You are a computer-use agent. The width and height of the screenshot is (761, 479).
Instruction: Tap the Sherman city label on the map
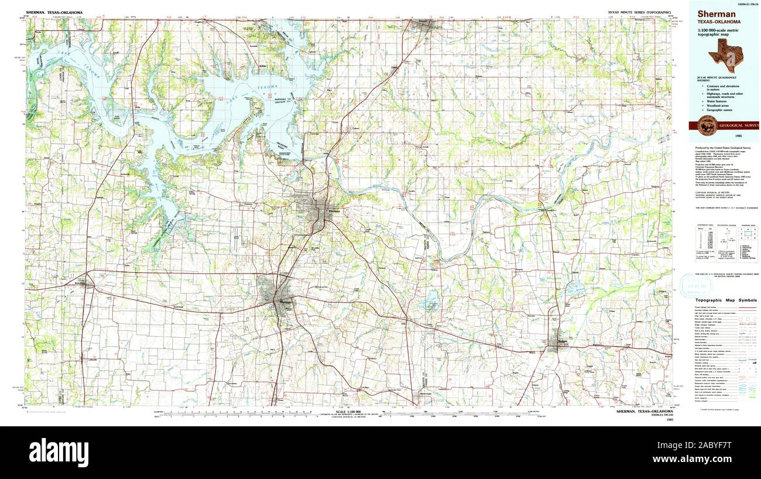(285, 302)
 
